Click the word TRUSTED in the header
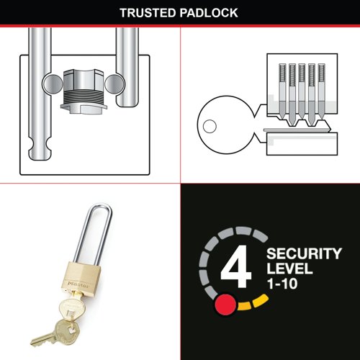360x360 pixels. pyautogui.click(x=148, y=13)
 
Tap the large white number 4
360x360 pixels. pyautogui.click(x=236, y=266)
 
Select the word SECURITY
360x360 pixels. pyautogui.click(x=304, y=253)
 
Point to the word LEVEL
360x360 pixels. pyautogui.click(x=289, y=269)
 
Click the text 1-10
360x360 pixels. pyautogui.click(x=282, y=284)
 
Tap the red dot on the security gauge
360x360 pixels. pyautogui.click(x=225, y=305)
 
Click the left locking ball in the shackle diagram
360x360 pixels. pyautogui.click(x=53, y=84)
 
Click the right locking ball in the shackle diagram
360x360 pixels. pyautogui.click(x=114, y=84)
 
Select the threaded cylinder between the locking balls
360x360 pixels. pyautogui.click(x=84, y=91)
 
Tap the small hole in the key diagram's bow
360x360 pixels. pyautogui.click(x=210, y=126)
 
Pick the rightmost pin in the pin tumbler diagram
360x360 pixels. pyautogui.click(x=321, y=91)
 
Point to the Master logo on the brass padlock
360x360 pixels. pyautogui.click(x=78, y=284)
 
